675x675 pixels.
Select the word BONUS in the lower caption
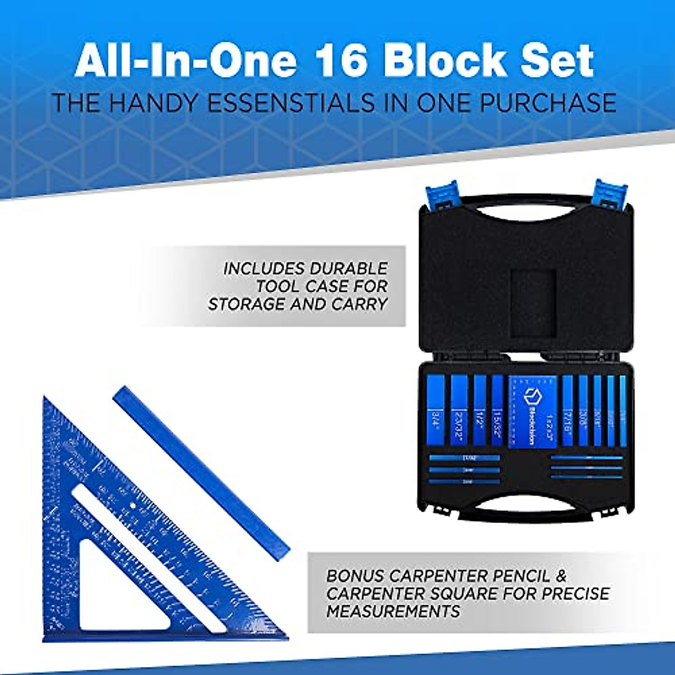[355, 576]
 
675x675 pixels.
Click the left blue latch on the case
[444, 198]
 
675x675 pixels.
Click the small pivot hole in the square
[133, 506]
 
